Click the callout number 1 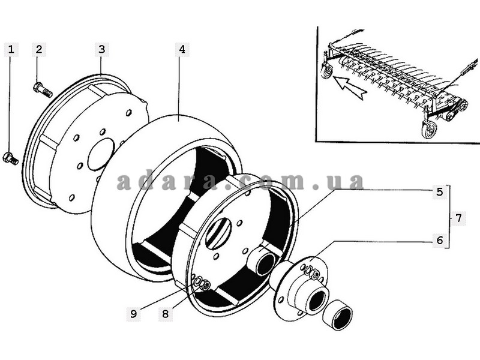point(11,50)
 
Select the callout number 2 point(39,50)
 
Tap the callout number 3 point(101,50)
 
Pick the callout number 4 point(182,50)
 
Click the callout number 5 point(440,192)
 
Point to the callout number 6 point(440,240)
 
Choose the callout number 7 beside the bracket point(458,218)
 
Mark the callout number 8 point(166,314)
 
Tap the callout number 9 point(133,314)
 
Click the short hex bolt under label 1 point(10,158)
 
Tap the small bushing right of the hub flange point(338,315)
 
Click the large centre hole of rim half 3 point(101,154)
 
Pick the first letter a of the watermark point(124,184)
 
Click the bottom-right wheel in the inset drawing point(428,130)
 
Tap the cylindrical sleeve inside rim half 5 point(263,260)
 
